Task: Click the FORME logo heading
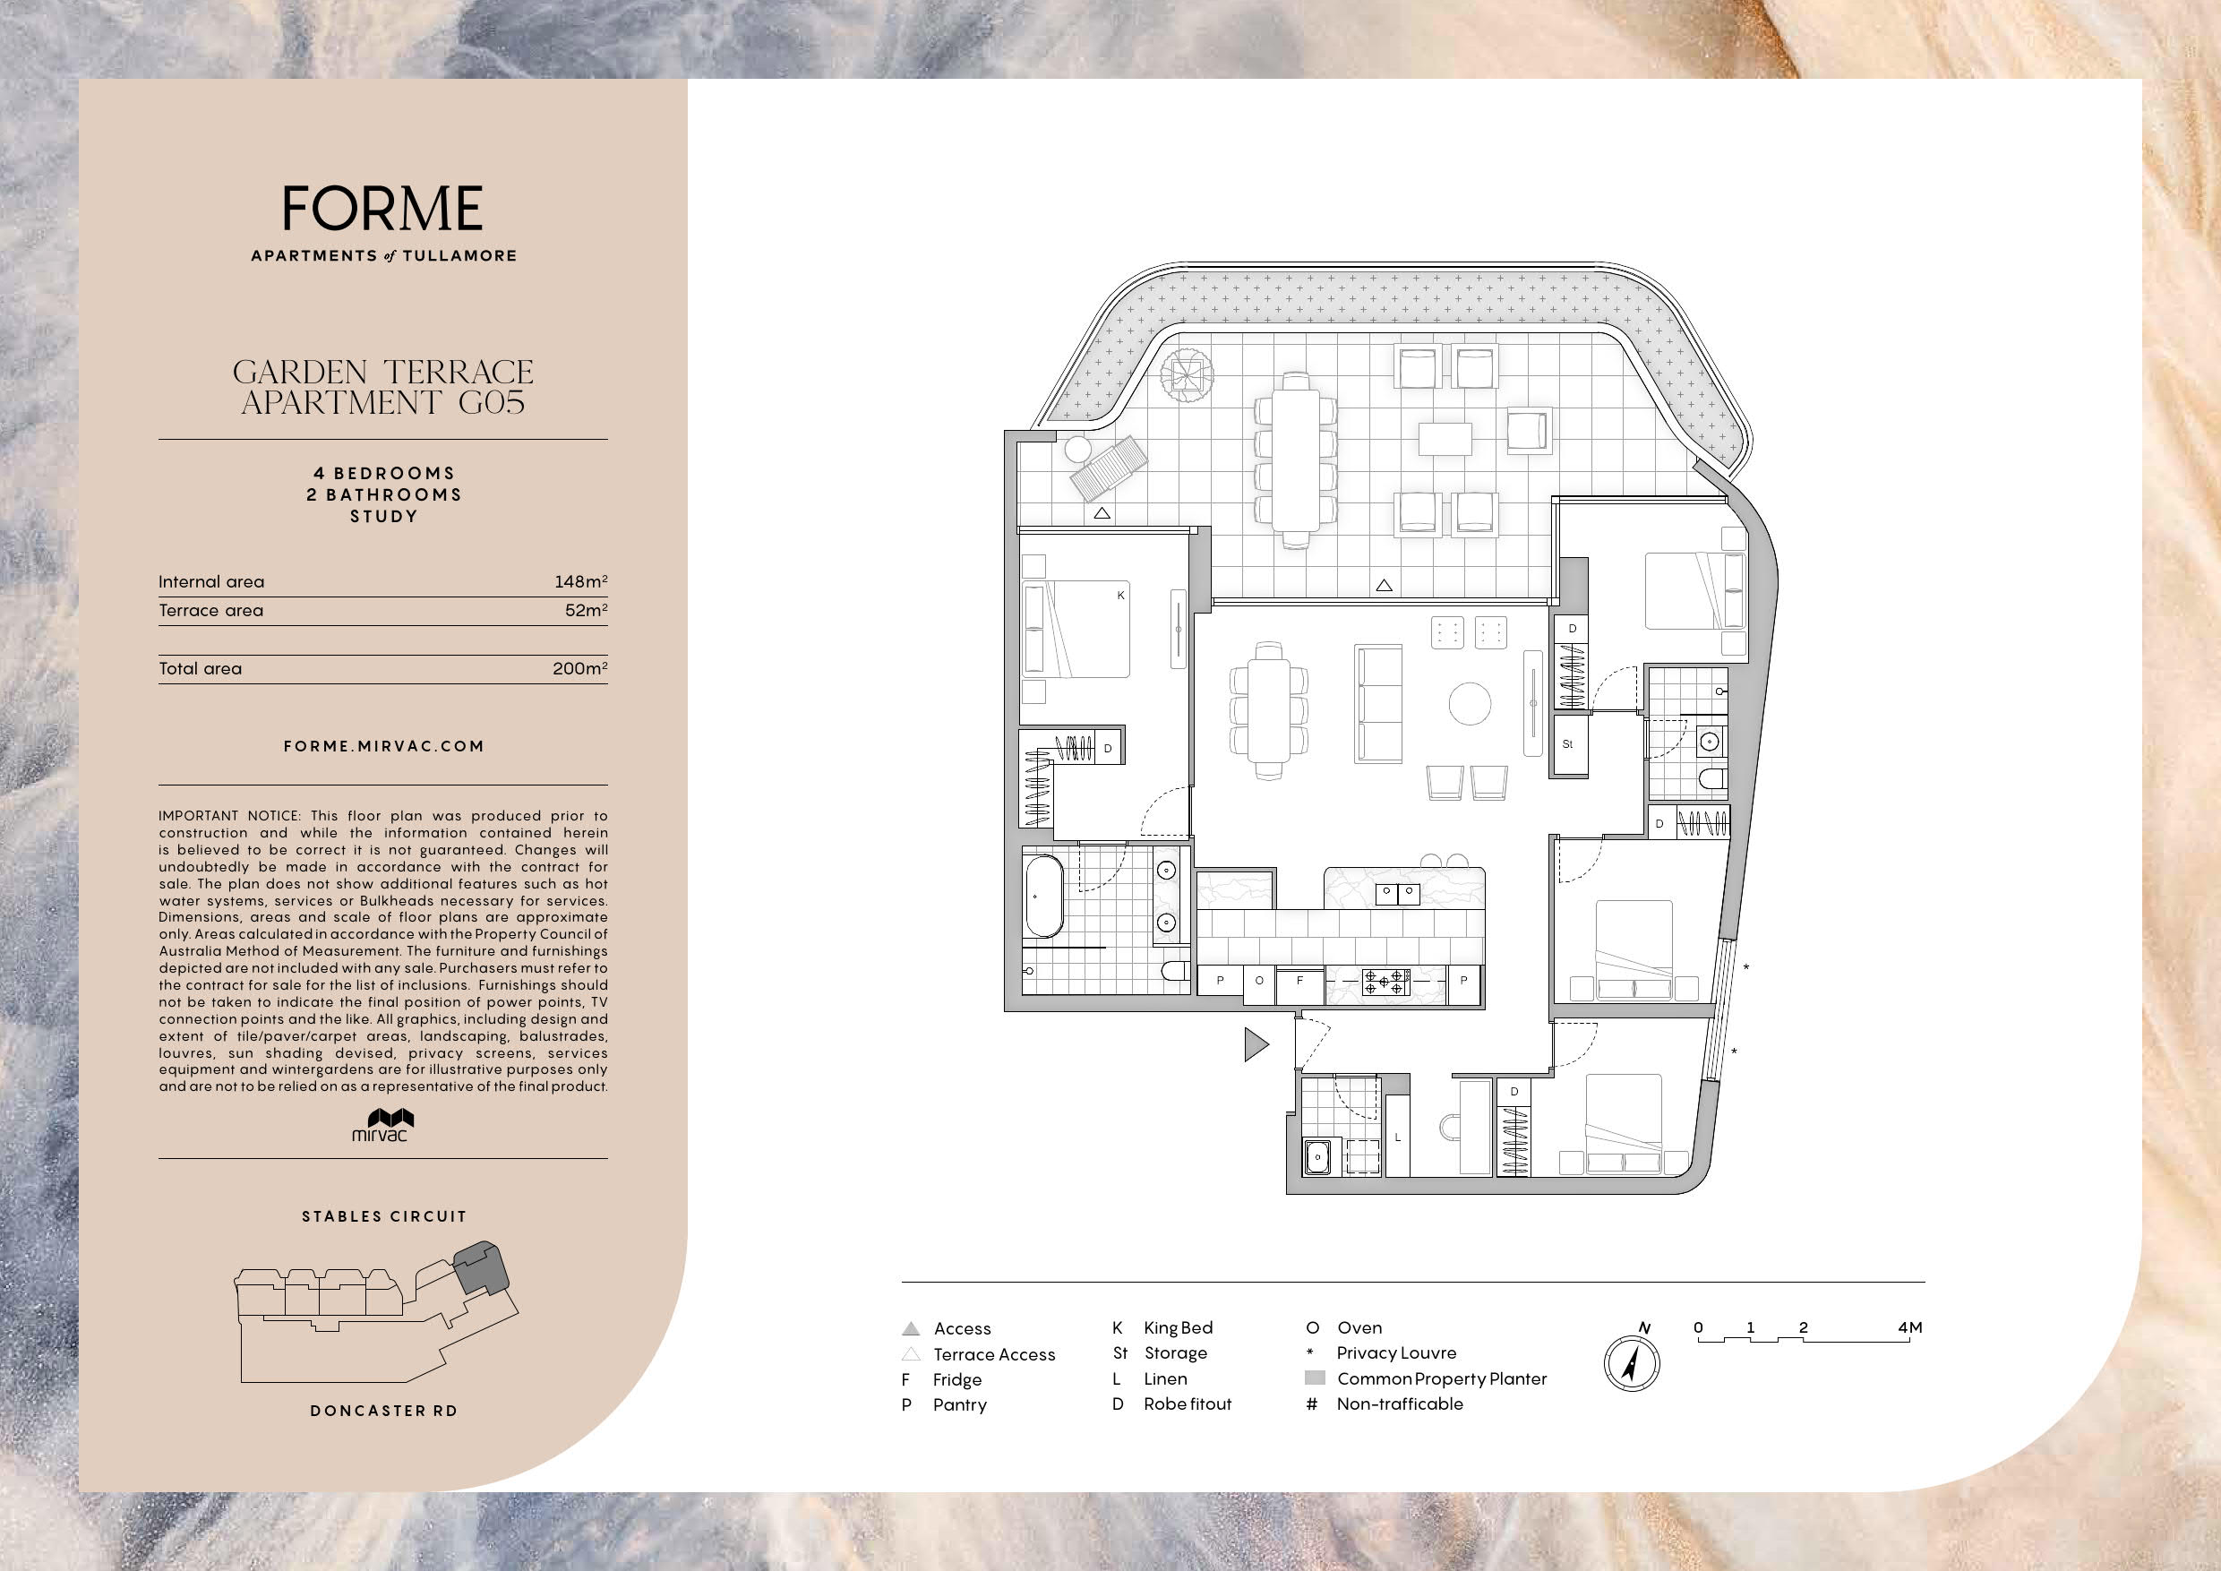coord(383,208)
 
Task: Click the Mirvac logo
coord(383,1125)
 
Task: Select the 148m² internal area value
coord(580,581)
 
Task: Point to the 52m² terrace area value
coord(587,611)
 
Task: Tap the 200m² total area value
coord(580,668)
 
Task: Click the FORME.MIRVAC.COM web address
coord(384,746)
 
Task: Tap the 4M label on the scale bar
coord(1909,1327)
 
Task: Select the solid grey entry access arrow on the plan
coord(1256,1044)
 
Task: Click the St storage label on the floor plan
coord(1567,744)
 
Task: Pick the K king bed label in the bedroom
coord(1121,595)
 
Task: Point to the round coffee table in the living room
coord(1470,703)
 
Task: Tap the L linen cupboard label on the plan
coord(1398,1137)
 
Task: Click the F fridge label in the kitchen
coord(1299,981)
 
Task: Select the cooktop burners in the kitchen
coord(1386,982)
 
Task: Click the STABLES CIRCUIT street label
coord(384,1216)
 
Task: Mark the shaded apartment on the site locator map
coord(481,1268)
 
